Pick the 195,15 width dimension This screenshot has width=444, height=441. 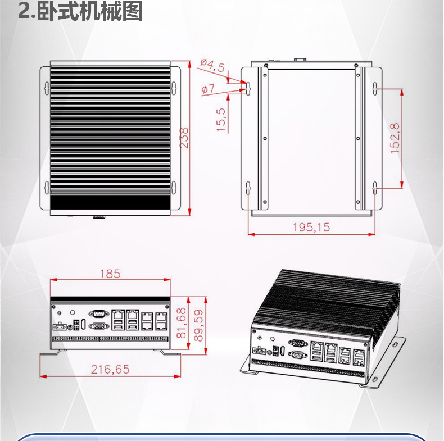tap(311, 227)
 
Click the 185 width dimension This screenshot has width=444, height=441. tap(110, 274)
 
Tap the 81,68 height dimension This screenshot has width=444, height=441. tap(181, 322)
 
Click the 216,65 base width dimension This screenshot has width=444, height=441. tap(110, 369)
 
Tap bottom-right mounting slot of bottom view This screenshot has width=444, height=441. tap(375, 187)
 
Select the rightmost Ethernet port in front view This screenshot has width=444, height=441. tap(161, 320)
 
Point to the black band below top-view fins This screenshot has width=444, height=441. tap(110, 199)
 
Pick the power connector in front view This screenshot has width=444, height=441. tap(58, 326)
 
